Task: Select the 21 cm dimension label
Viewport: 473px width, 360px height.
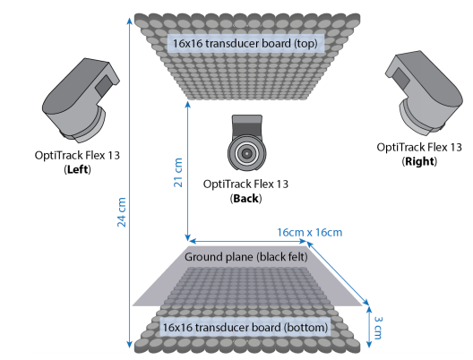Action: pyautogui.click(x=178, y=173)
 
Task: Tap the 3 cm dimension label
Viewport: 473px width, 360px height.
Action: pyautogui.click(x=378, y=328)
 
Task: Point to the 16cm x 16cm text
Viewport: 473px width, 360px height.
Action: pyautogui.click(x=309, y=233)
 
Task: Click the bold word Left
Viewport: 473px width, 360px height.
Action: pyautogui.click(x=78, y=169)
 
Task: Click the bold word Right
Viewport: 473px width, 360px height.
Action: pyautogui.click(x=419, y=161)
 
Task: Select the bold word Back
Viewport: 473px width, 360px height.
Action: pyautogui.click(x=245, y=199)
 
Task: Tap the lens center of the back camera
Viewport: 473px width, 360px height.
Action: pyautogui.click(x=246, y=153)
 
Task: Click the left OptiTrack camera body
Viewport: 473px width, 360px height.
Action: pyautogui.click(x=81, y=100)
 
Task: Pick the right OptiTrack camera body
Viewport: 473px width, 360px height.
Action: pyautogui.click(x=424, y=93)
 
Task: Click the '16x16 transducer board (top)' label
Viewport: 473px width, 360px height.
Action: pyautogui.click(x=245, y=43)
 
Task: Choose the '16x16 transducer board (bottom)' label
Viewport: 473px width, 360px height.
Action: pyautogui.click(x=245, y=327)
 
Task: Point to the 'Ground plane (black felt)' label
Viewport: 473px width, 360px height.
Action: pyautogui.click(x=246, y=257)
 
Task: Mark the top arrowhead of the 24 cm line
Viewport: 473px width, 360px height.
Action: pyautogui.click(x=129, y=19)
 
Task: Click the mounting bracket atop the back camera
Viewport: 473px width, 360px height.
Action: pyautogui.click(x=246, y=124)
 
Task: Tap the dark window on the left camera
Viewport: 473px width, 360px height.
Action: pyautogui.click(x=103, y=85)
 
